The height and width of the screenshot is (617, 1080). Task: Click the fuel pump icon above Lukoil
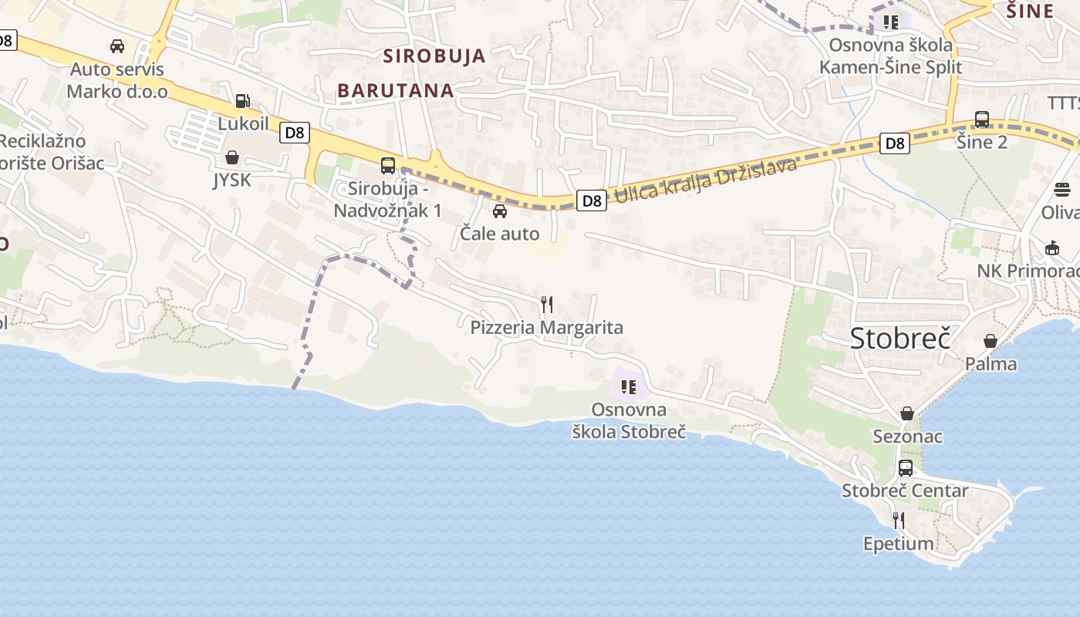[x=242, y=100]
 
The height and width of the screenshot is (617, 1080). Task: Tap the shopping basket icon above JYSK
[x=231, y=157]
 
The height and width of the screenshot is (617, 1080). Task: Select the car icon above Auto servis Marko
[x=117, y=46]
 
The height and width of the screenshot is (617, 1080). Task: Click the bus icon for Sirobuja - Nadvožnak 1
[x=388, y=165]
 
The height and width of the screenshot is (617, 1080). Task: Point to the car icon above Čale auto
[x=500, y=211]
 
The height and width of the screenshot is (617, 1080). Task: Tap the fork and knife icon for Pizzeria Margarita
[x=547, y=305]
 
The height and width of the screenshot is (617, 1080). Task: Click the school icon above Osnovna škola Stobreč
[x=629, y=386]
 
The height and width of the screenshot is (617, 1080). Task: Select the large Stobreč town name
[x=900, y=338]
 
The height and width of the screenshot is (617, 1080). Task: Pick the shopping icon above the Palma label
[x=991, y=341]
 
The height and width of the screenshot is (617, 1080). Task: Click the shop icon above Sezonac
[x=907, y=413]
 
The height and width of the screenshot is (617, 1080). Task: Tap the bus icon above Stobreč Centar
[x=906, y=467]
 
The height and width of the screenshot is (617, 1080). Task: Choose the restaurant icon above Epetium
[x=898, y=521]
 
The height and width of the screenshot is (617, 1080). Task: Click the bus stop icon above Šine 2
[x=982, y=120]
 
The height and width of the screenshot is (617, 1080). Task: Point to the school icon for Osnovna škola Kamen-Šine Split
[x=891, y=22]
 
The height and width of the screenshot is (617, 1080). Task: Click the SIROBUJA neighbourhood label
[x=435, y=56]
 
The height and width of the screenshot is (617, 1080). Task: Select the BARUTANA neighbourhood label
[x=396, y=90]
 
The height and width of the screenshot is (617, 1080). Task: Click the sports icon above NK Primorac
[x=1052, y=248]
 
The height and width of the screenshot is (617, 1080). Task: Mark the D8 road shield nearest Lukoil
[x=295, y=133]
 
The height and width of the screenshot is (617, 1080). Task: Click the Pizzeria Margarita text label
[x=547, y=328]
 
